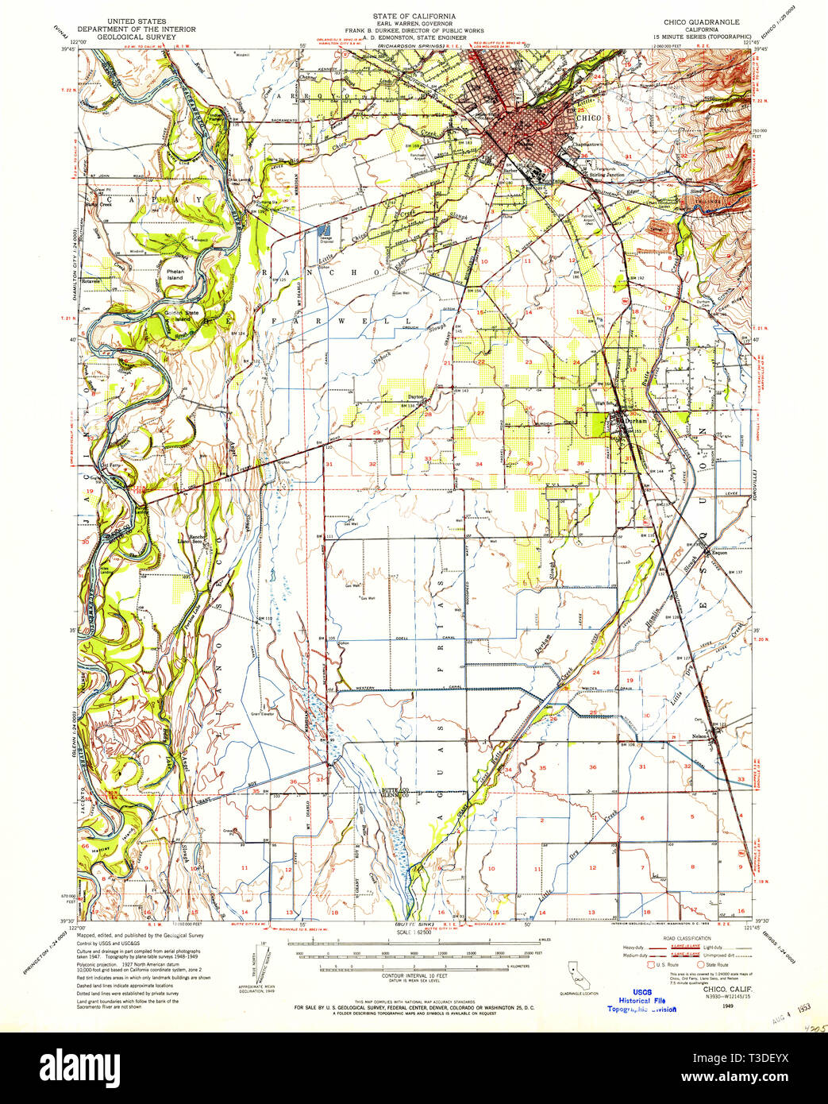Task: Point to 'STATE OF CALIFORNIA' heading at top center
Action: tap(414, 16)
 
